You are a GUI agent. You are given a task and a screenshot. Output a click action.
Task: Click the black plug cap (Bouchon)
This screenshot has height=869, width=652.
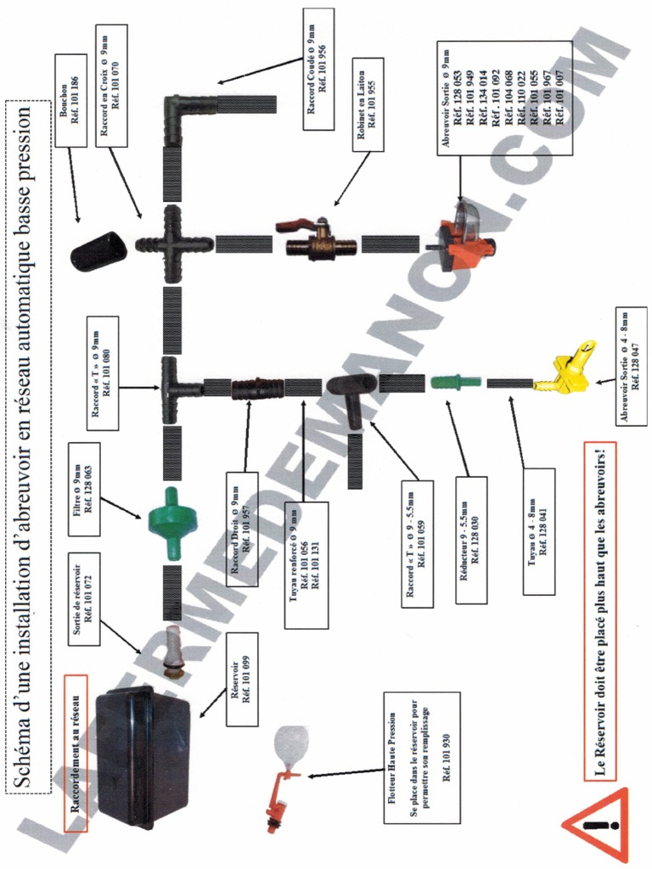[x=98, y=251]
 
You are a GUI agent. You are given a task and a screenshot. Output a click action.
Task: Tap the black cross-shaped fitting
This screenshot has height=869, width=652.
[x=173, y=244]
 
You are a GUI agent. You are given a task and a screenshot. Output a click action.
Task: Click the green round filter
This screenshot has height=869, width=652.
[x=171, y=514]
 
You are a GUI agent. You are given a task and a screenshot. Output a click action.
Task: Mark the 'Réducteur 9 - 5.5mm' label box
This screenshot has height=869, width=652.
[x=471, y=539]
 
